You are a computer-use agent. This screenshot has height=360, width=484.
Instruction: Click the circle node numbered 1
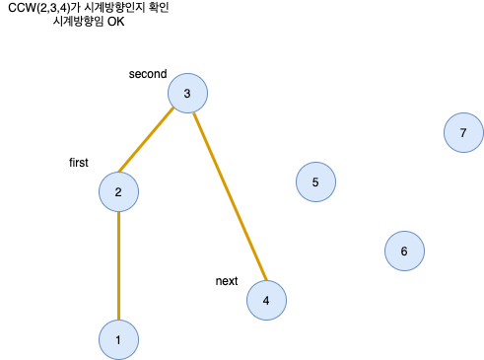[118, 340]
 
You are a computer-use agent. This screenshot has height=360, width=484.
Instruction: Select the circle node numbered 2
[118, 192]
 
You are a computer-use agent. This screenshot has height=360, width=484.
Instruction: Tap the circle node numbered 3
[187, 94]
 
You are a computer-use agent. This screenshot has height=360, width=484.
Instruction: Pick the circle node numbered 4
[266, 301]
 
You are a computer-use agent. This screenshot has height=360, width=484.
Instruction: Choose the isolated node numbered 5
[315, 182]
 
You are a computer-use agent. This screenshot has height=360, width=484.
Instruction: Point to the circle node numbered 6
[404, 252]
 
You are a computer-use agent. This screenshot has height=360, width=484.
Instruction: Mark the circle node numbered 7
[463, 132]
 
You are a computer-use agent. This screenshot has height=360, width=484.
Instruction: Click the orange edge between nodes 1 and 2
[118, 266]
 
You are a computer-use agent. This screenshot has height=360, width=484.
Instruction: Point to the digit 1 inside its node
[118, 340]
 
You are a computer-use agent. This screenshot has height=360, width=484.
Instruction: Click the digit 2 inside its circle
[118, 192]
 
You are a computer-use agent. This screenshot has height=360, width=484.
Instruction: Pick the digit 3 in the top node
[187, 94]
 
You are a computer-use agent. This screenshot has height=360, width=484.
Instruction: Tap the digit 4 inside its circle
[266, 301]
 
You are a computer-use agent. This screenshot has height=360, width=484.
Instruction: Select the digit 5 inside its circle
[315, 182]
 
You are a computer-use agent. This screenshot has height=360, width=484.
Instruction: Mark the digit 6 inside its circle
[404, 252]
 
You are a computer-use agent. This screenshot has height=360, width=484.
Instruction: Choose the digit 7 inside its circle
[463, 132]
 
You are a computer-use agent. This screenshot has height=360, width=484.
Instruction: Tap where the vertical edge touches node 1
[118, 322]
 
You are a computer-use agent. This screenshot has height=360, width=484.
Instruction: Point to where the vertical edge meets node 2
[118, 211]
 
